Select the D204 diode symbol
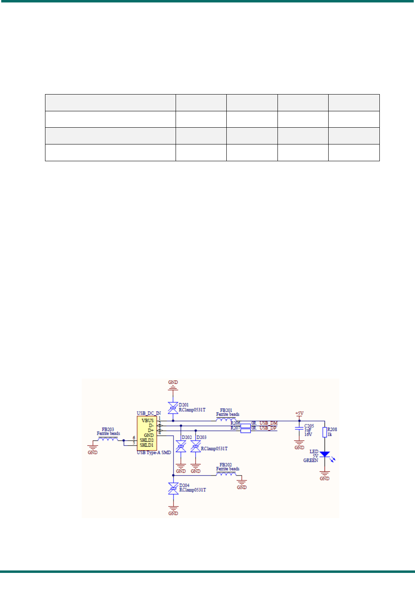pyautogui.click(x=173, y=488)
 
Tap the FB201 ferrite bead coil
pyautogui.click(x=226, y=419)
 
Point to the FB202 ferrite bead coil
pyautogui.click(x=226, y=474)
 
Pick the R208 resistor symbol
pyautogui.click(x=325, y=432)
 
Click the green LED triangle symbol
pyautogui.click(x=325, y=454)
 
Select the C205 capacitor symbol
pyautogui.click(x=299, y=428)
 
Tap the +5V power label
pyautogui.click(x=299, y=414)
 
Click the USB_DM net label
pyautogui.click(x=268, y=423)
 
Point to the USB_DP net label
pyautogui.click(x=268, y=428)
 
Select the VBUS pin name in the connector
pyautogui.click(x=147, y=420)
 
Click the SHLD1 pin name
pyautogui.click(x=147, y=445)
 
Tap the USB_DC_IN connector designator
pyautogui.click(x=149, y=413)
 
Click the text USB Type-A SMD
pyautogui.click(x=154, y=453)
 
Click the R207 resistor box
pyautogui.click(x=246, y=430)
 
